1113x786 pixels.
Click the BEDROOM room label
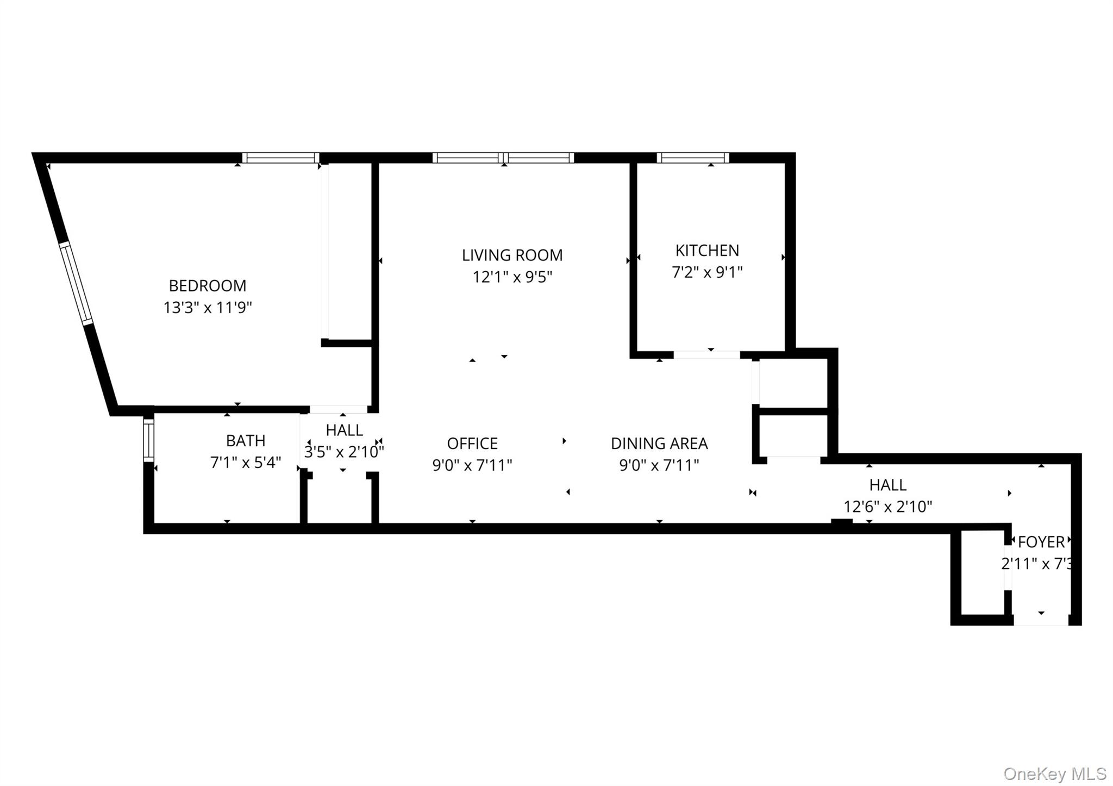tap(207, 285)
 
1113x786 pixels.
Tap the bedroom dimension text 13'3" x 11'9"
tap(208, 308)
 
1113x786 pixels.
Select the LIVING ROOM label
tap(512, 255)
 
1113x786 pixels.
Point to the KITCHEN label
tap(706, 251)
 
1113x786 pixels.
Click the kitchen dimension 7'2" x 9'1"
tap(706, 272)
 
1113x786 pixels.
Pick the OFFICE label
tap(472, 444)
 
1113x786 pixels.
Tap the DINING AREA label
tap(659, 444)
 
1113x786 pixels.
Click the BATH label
tap(246, 440)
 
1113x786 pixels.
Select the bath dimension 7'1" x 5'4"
tap(246, 463)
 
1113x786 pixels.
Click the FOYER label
tap(1041, 542)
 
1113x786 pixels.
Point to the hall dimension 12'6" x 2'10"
tap(887, 507)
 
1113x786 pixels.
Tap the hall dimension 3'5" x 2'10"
tap(343, 452)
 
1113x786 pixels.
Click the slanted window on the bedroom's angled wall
tap(76, 284)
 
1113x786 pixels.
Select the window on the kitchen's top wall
tap(692, 158)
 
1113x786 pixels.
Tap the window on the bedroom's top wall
tap(280, 158)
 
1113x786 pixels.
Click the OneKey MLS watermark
tap(1054, 773)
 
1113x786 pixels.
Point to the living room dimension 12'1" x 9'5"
tap(512, 277)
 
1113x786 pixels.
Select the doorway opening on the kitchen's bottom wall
tap(706, 355)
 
